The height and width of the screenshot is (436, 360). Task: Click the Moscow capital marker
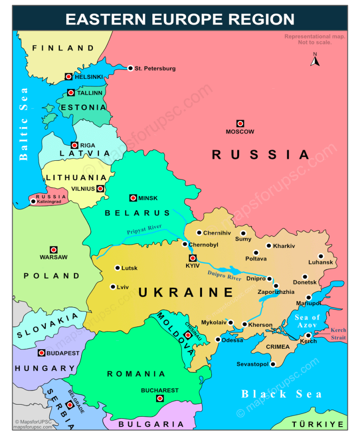tap(240, 123)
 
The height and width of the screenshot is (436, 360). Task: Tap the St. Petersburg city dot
tap(130, 68)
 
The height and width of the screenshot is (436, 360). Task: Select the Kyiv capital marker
tap(192, 258)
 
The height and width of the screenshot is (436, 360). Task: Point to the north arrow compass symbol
tap(315, 60)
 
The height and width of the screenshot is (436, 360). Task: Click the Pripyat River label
tap(144, 229)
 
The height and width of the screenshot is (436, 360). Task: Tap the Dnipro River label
tap(225, 275)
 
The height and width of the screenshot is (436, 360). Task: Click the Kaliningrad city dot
tap(33, 202)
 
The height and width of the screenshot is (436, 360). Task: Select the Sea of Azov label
tap(307, 321)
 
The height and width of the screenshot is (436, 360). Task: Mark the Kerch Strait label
tap(338, 334)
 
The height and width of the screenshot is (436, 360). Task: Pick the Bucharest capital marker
tap(159, 398)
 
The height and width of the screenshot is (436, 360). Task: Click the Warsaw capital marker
tap(53, 250)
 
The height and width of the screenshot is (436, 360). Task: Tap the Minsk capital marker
tap(133, 198)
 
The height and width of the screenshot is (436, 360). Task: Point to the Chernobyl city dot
tap(185, 244)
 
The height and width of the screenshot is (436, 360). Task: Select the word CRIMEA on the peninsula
tap(278, 347)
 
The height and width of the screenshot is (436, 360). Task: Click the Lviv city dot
tap(112, 286)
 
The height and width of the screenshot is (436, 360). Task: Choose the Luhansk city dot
tap(321, 256)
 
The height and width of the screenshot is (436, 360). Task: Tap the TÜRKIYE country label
tap(318, 424)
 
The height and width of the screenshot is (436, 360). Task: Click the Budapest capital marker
tap(41, 353)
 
